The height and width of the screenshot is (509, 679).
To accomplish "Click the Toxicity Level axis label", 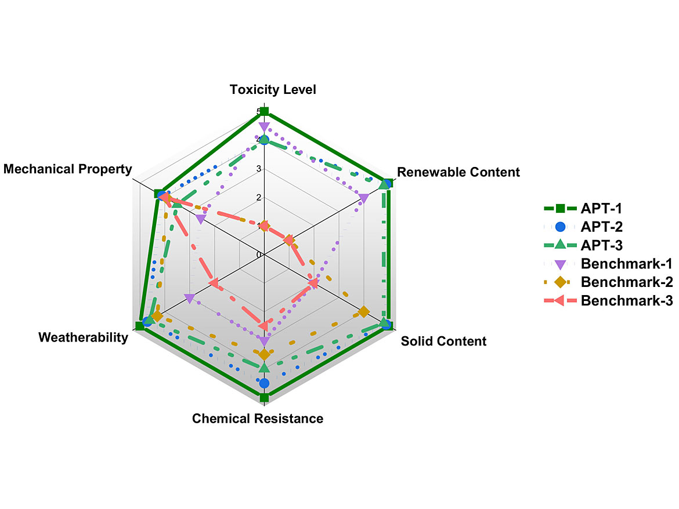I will (273, 89).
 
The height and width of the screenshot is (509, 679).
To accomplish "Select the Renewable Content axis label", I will (458, 172).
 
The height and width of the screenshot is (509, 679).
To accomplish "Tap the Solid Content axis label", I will (443, 341).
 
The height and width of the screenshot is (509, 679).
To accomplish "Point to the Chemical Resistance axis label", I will (258, 418).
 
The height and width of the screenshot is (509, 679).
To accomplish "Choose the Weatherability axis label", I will (83, 337).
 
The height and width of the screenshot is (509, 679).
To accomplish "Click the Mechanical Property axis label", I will (67, 169).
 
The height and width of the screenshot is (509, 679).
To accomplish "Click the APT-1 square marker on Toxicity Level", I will (264, 111).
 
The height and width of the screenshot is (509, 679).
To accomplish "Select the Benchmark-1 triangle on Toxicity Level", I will (264, 126).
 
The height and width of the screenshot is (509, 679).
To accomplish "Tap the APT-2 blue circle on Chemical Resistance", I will (264, 383).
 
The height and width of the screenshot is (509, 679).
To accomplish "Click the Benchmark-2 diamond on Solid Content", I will (363, 312).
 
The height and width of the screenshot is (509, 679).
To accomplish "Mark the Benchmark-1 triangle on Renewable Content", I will (364, 198).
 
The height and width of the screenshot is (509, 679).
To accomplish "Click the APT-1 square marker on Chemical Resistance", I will (264, 398).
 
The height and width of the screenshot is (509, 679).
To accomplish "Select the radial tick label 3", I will (259, 169).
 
